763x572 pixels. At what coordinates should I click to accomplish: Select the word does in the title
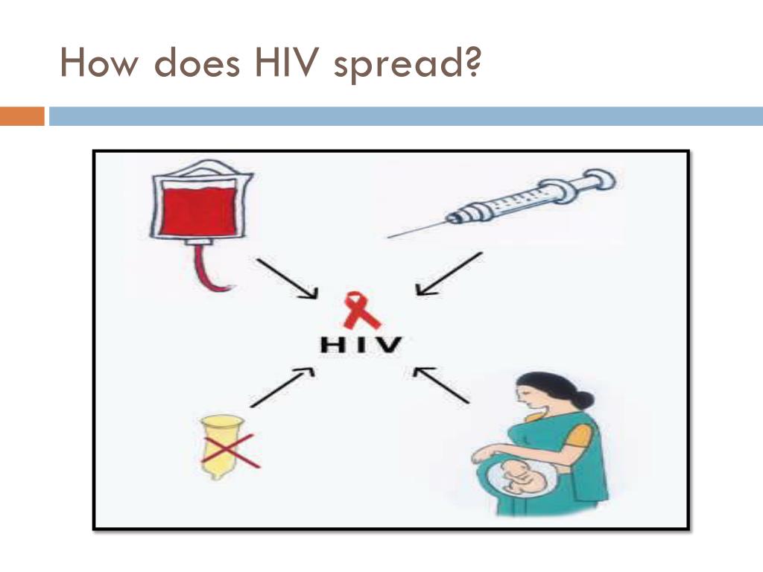click(x=198, y=64)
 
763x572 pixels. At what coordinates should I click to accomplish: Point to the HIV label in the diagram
click(x=361, y=345)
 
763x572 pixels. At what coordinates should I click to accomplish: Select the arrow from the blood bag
click(x=286, y=279)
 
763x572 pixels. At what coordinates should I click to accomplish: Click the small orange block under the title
click(x=22, y=116)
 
